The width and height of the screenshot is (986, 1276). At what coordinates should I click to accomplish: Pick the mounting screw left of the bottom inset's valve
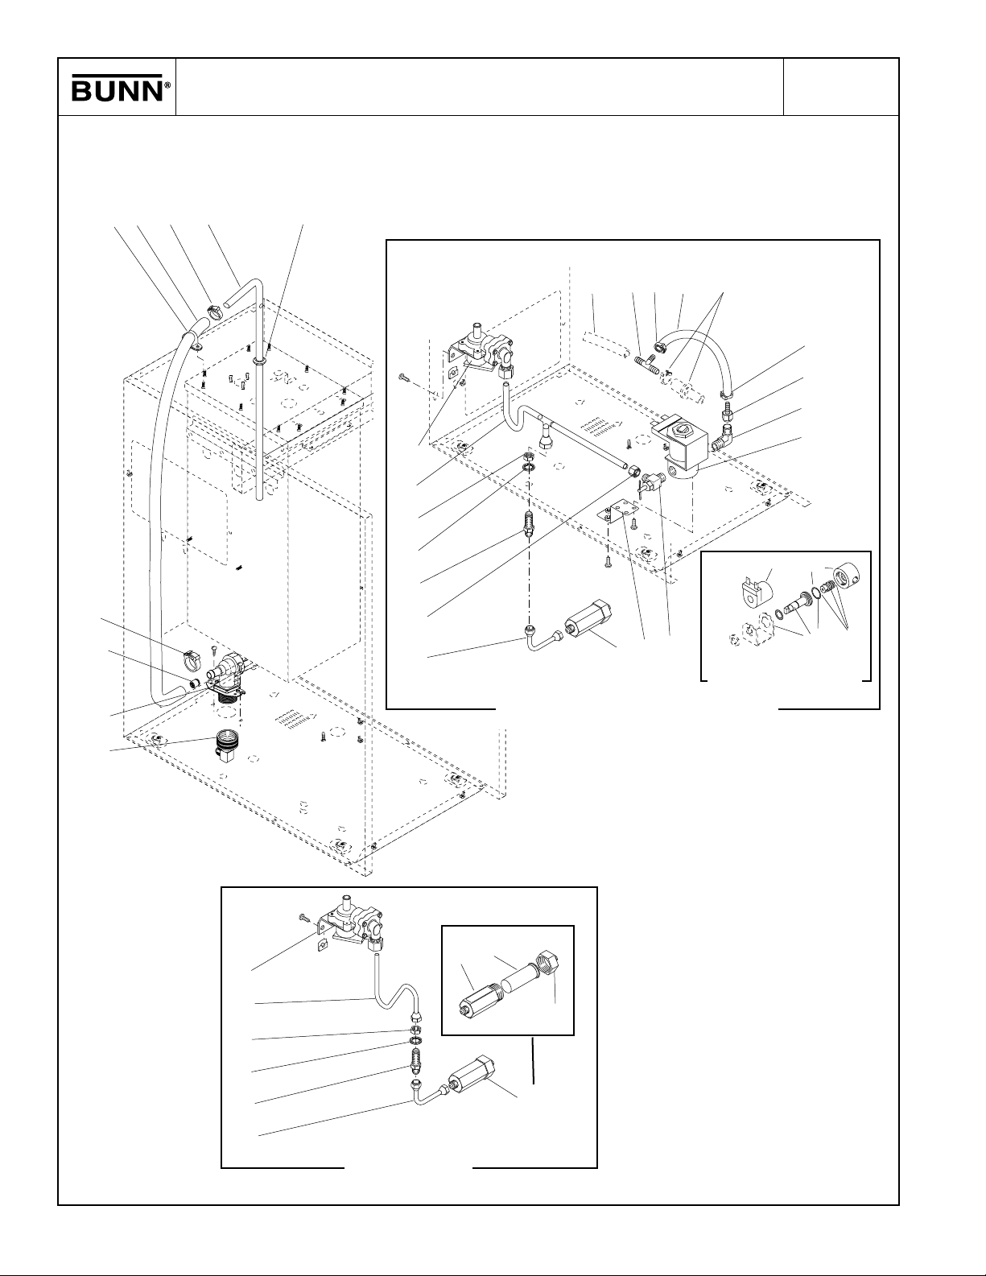305,917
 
